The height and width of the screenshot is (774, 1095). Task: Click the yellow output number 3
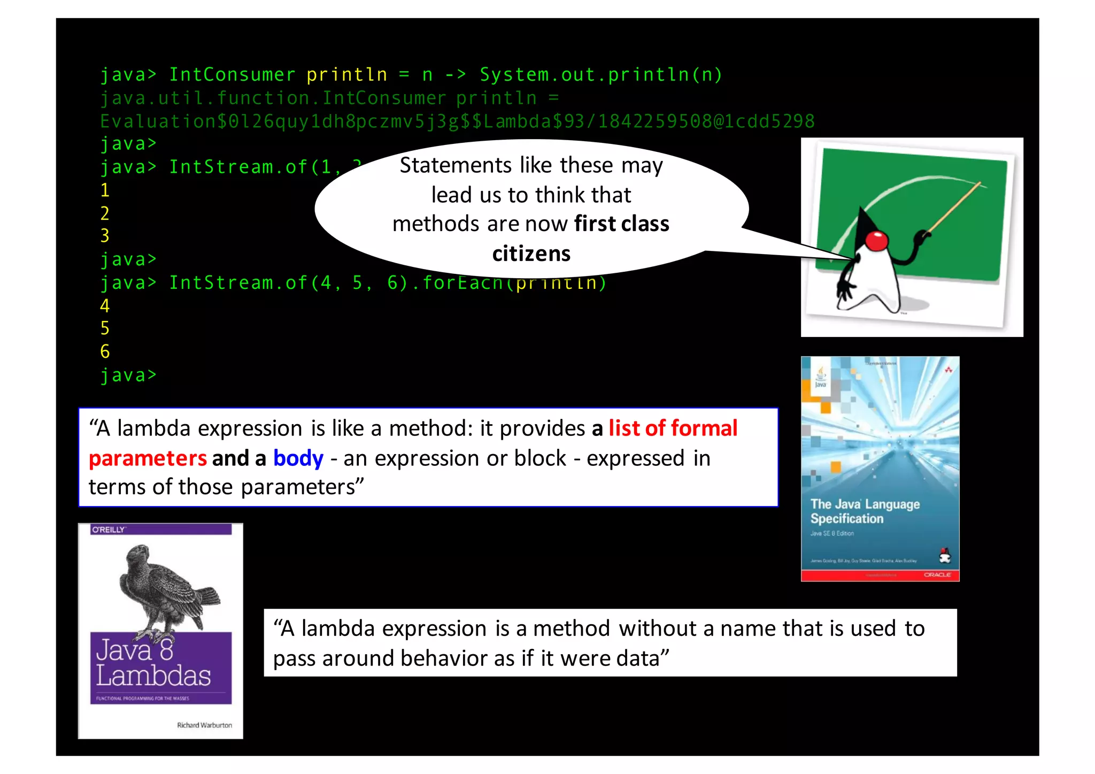[105, 236]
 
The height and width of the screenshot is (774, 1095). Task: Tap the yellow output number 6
[105, 351]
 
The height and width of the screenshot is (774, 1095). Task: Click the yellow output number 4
[105, 306]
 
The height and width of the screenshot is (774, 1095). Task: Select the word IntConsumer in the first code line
[232, 75]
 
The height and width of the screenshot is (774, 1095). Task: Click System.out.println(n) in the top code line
[600, 75]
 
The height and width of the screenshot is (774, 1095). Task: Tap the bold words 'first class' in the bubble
[621, 224]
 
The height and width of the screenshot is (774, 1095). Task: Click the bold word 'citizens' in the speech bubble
[531, 254]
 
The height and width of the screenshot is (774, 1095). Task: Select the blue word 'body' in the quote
[298, 458]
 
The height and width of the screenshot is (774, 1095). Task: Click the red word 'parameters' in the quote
[148, 458]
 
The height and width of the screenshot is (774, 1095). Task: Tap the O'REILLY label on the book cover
[109, 530]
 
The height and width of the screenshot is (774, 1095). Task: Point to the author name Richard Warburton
[204, 725]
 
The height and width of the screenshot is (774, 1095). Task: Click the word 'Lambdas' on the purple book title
[153, 676]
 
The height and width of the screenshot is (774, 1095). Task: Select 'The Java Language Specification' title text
[864, 511]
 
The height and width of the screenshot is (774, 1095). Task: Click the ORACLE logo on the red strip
[937, 575]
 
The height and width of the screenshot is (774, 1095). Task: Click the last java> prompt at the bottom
[128, 375]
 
